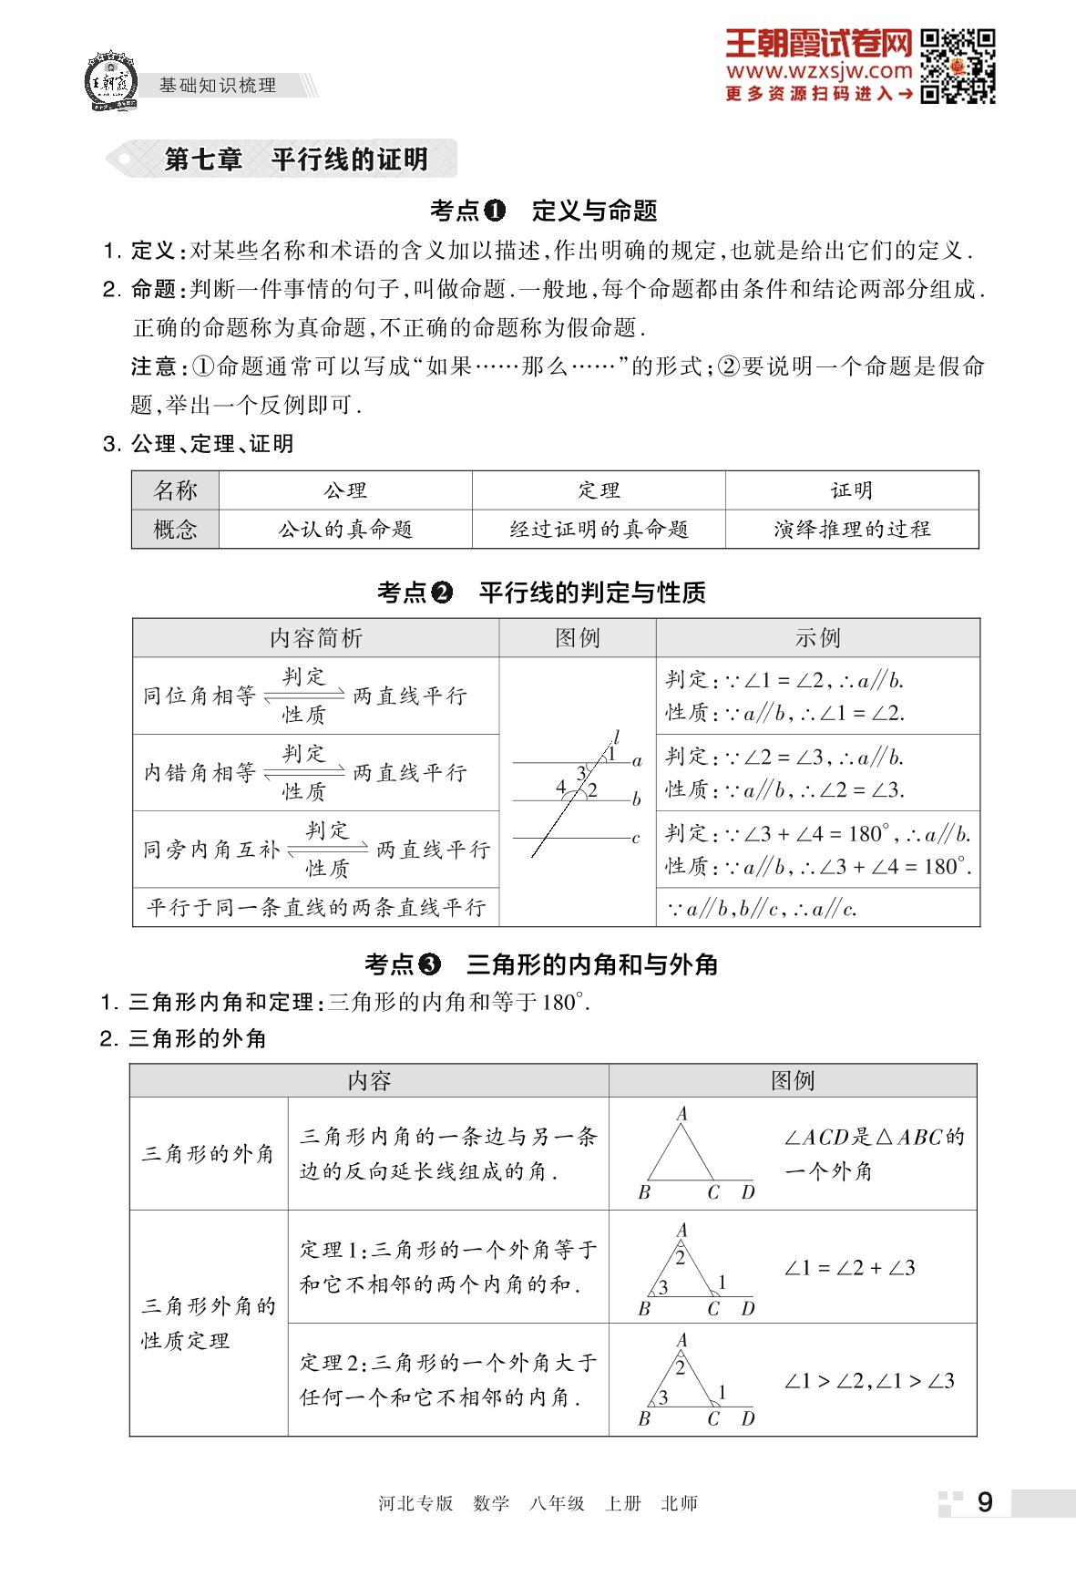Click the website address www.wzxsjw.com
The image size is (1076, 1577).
[818, 71]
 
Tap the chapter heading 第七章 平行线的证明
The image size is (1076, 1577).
[295, 160]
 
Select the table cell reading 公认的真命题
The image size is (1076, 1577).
[345, 530]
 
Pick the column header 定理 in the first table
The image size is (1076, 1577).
[599, 490]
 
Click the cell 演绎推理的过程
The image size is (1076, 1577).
[852, 530]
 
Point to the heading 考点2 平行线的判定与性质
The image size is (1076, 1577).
[541, 593]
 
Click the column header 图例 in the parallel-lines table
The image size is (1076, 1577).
[578, 638]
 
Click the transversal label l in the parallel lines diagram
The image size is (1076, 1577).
[617, 737]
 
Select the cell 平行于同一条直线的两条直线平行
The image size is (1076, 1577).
[316, 908]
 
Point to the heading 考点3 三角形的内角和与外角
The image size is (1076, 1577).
[541, 964]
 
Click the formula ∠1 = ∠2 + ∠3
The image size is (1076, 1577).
[849, 1268]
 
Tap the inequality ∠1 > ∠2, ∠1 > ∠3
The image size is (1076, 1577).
[868, 1381]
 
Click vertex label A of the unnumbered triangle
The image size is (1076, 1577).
[681, 1114]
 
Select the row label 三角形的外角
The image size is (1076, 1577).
[208, 1154]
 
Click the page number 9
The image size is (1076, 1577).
[984, 1502]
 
